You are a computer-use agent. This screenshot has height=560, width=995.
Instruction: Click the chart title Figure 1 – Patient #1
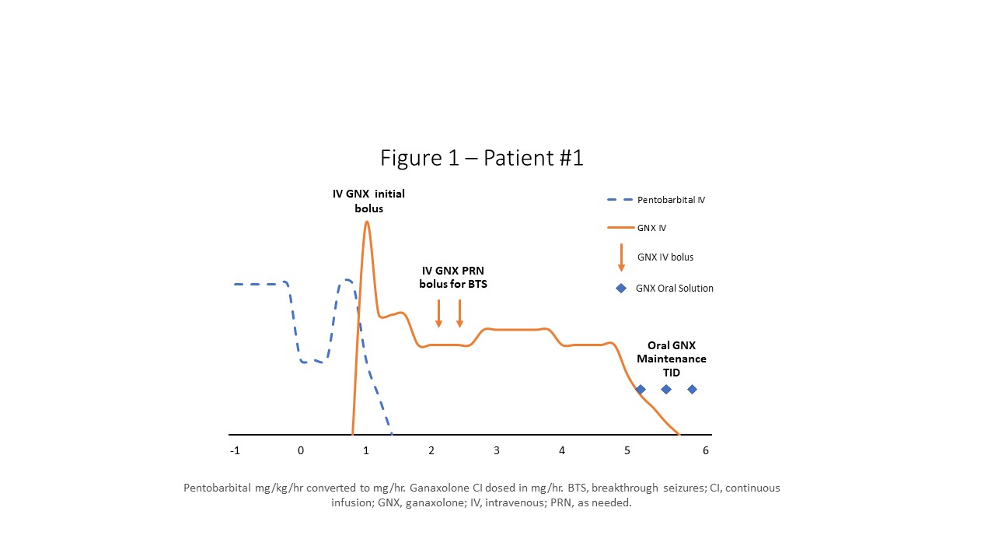[x=481, y=158]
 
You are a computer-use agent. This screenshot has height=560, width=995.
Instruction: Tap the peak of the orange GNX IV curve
[x=366, y=222]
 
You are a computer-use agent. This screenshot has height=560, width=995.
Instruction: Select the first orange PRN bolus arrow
[x=439, y=313]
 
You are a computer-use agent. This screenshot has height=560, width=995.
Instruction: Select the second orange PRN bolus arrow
[x=460, y=313]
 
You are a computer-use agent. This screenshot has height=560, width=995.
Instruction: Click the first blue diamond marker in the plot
[x=641, y=389]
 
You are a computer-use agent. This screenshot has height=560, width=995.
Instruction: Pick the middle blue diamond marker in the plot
[x=666, y=389]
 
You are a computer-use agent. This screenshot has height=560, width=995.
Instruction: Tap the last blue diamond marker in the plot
[x=692, y=389]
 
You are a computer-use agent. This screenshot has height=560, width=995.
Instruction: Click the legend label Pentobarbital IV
[x=671, y=200]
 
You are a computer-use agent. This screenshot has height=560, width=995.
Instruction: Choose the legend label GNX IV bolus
[x=665, y=257]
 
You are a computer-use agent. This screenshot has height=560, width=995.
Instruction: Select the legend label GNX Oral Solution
[x=674, y=288]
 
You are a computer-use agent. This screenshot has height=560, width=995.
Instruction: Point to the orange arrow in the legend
[x=621, y=257]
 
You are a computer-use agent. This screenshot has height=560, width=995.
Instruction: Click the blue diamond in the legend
[x=621, y=288]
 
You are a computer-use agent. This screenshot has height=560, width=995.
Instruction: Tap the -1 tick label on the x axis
[x=235, y=450]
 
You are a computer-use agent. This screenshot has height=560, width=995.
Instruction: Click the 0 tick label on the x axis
[x=301, y=450]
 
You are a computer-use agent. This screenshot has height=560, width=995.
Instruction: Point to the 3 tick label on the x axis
[x=496, y=450]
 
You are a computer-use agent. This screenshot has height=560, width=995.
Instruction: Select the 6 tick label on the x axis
[x=706, y=450]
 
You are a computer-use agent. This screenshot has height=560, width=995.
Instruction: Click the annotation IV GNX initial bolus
[x=368, y=201]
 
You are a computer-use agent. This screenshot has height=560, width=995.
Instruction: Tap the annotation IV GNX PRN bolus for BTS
[x=453, y=277]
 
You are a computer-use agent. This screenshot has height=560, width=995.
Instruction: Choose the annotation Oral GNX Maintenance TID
[x=671, y=359]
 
